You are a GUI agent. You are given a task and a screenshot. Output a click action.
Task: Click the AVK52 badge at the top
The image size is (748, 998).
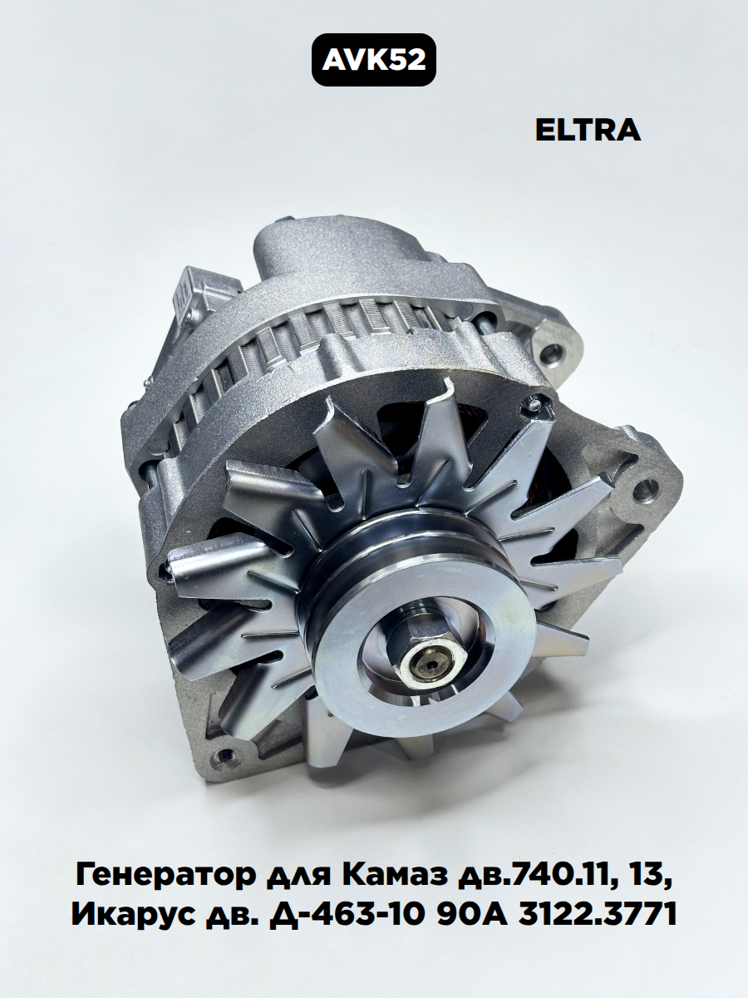(374, 60)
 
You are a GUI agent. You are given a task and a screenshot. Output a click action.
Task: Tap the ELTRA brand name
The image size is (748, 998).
(588, 131)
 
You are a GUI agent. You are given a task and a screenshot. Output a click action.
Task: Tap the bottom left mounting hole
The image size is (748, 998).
(224, 757)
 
